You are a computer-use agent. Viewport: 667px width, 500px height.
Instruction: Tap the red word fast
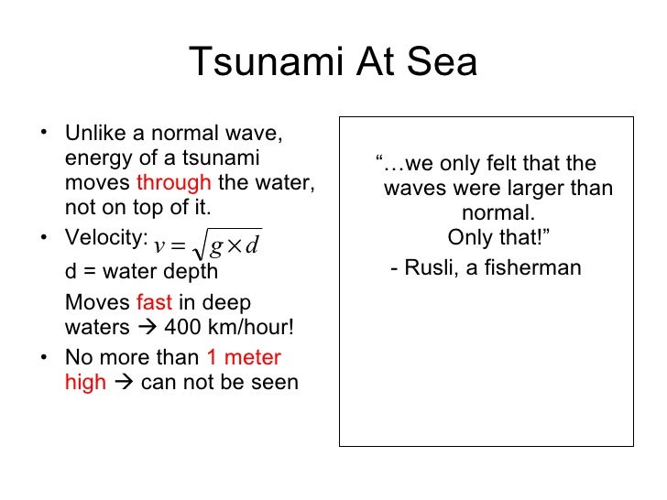[154, 302]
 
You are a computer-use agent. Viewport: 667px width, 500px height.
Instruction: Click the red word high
[85, 382]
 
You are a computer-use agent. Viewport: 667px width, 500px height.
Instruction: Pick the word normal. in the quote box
[499, 213]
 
